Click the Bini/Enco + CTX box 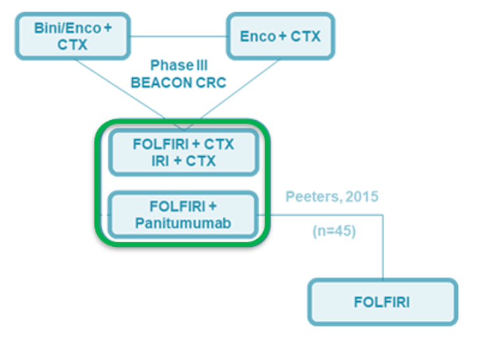click(73, 37)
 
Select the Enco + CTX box click(280, 37)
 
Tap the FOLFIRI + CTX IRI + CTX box click(183, 152)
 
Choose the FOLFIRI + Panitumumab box click(183, 214)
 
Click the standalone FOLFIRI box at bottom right click(382, 302)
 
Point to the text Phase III click(179, 66)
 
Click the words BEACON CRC click(178, 83)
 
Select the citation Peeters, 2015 click(332, 197)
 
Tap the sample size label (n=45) click(334, 232)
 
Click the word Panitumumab click(183, 223)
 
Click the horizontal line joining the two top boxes click(178, 36)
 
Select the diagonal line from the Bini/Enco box click(120, 89)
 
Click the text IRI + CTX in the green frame click(183, 161)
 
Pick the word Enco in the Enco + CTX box click(257, 37)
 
